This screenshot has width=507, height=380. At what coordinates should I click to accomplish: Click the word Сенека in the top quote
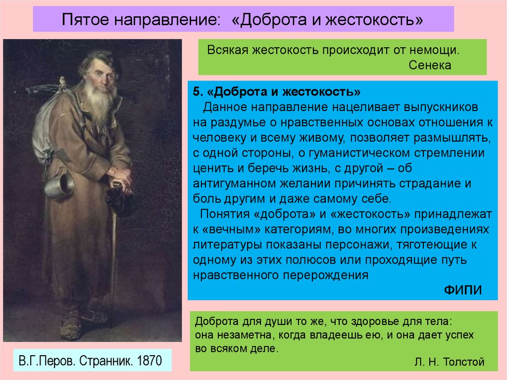click(430, 65)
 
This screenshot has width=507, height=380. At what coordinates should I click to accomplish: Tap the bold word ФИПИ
click(463, 290)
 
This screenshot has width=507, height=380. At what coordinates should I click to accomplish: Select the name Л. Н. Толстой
click(450, 362)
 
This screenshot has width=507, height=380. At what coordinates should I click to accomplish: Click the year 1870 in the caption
click(150, 361)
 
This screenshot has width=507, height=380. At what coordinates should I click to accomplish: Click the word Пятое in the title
click(86, 19)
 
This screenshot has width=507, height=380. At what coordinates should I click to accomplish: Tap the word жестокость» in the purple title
click(374, 19)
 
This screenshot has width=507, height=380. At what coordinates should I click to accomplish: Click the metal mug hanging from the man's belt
click(59, 184)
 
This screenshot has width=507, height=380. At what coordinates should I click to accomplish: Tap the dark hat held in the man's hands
click(120, 199)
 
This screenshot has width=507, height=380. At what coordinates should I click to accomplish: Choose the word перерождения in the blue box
click(326, 275)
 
